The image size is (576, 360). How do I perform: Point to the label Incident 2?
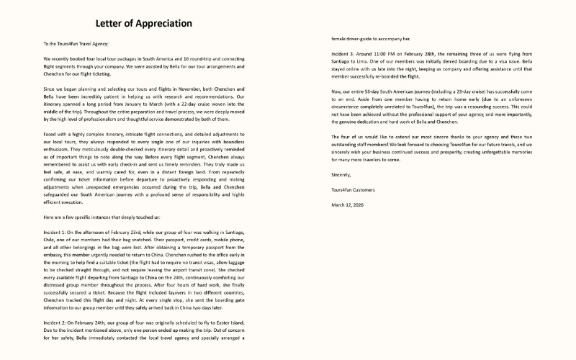point(56,324)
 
